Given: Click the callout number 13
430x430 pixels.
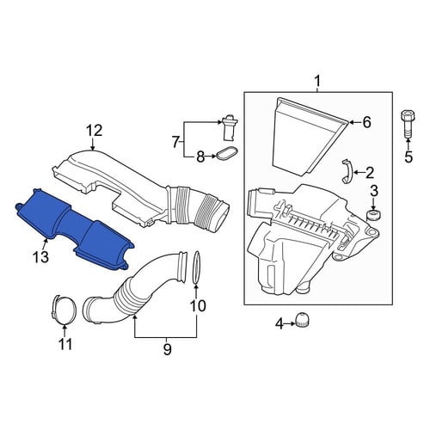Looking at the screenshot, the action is click(40, 257).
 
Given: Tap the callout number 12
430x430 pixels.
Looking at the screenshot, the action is click(95, 131).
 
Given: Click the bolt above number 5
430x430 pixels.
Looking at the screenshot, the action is click(408, 124).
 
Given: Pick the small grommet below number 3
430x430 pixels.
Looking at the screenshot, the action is click(373, 215).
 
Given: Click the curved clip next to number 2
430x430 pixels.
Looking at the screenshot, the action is click(347, 171).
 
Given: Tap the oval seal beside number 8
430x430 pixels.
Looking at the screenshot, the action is click(227, 153).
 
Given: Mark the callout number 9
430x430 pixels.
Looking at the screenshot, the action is click(167, 349).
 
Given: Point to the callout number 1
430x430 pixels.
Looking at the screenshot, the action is click(317, 82).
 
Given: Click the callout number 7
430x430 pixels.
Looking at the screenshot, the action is click(175, 142).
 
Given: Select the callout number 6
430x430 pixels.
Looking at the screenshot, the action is click(366, 123).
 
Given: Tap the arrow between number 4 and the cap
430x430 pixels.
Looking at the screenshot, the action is click(290, 323).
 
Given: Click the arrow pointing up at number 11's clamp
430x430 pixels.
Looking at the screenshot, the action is click(65, 329).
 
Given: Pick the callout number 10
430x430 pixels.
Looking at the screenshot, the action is click(198, 305).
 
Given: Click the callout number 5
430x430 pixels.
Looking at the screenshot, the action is click(408, 157).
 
